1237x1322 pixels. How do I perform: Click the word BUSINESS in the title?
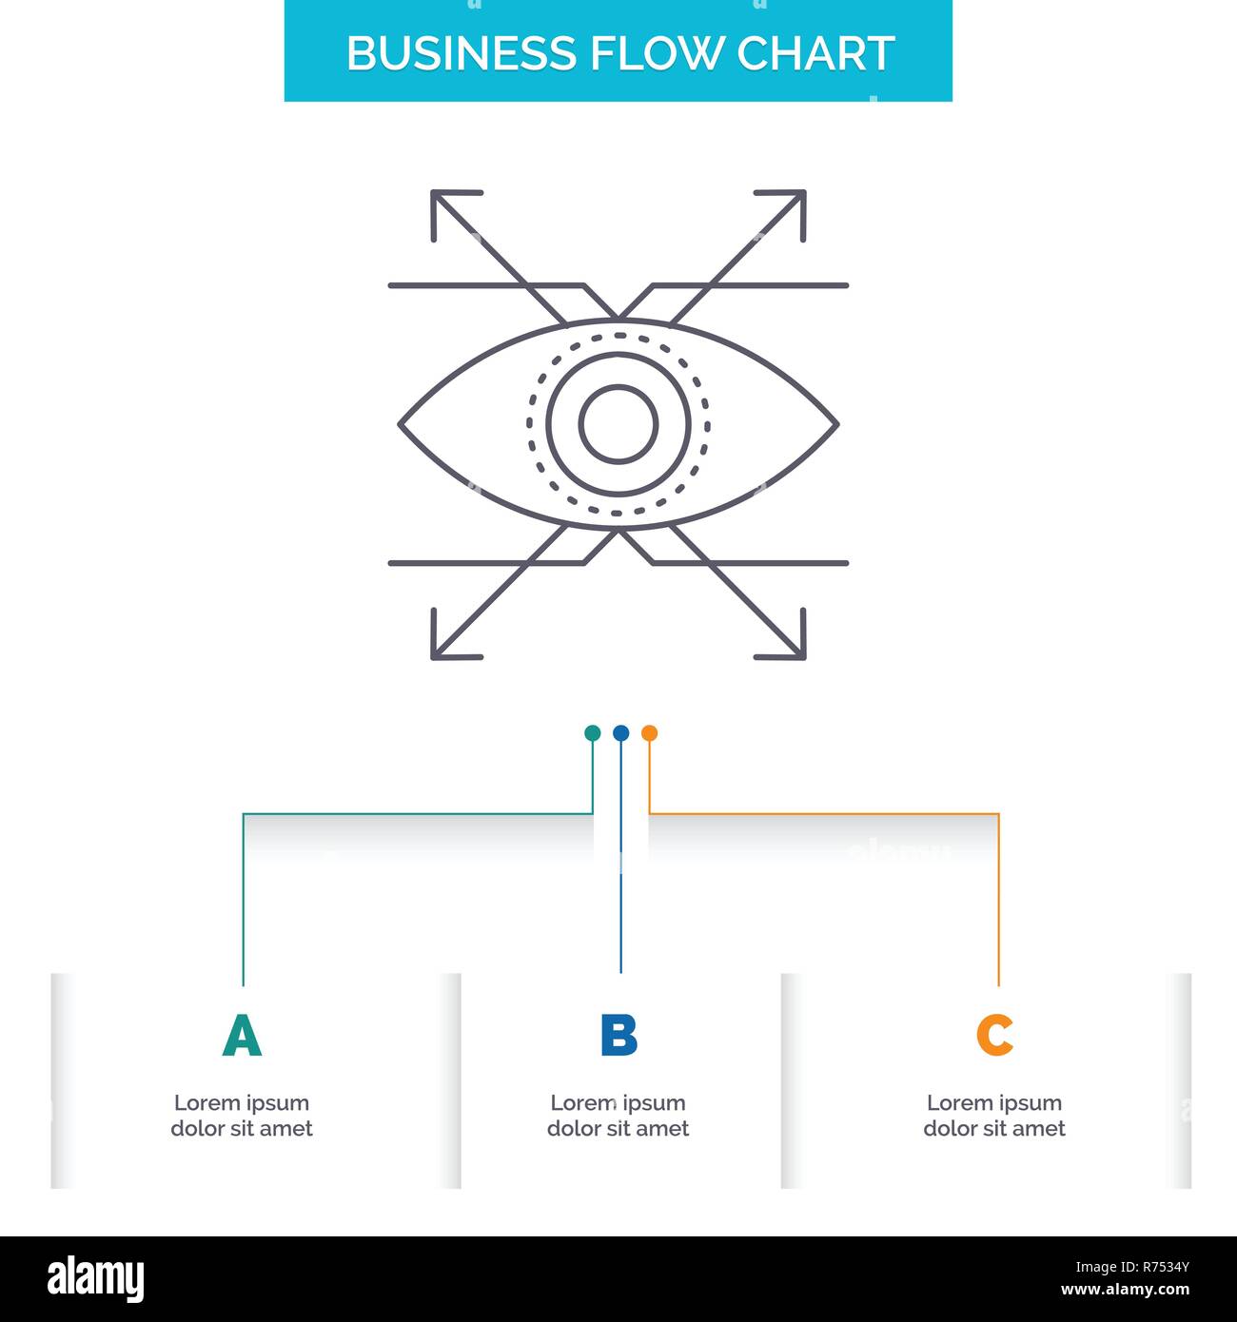click(x=462, y=54)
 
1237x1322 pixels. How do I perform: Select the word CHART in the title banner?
click(x=815, y=54)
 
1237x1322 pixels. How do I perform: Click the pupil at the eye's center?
click(x=618, y=424)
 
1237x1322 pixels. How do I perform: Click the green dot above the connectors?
click(x=592, y=733)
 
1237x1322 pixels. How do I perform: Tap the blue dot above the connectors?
click(x=620, y=733)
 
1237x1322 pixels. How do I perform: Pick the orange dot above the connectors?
click(x=649, y=733)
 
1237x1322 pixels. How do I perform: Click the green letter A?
click(x=242, y=1036)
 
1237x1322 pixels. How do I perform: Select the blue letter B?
click(x=618, y=1036)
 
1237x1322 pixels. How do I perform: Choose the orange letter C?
click(x=994, y=1036)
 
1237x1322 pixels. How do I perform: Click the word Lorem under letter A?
click(x=206, y=1103)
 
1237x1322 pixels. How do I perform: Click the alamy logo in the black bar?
click(x=96, y=1278)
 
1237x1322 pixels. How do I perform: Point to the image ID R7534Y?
click(x=1132, y=1267)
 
